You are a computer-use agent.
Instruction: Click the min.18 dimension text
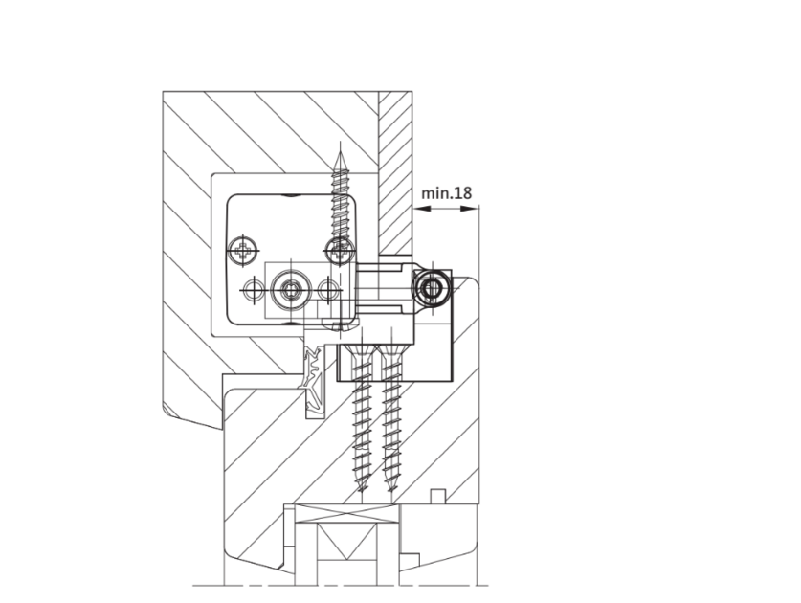point(447,193)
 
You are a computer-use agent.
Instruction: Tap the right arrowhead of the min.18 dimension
point(470,208)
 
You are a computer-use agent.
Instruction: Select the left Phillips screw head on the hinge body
point(243,251)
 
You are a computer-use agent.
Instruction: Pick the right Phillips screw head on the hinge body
point(339,251)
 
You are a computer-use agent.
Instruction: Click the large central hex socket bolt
point(291,290)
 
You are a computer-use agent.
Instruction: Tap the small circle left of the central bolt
point(254,290)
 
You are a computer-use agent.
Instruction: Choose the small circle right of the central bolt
point(328,290)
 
